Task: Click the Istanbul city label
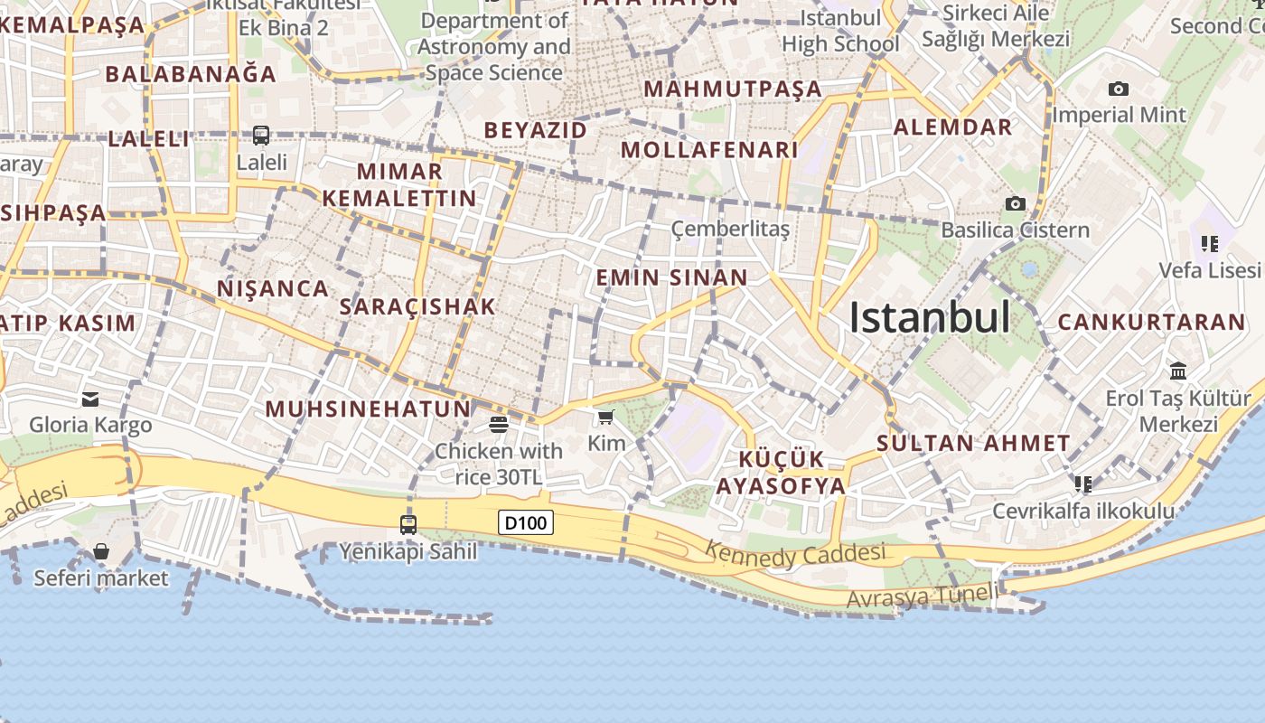pyautogui.click(x=929, y=317)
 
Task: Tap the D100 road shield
pyautogui.click(x=525, y=522)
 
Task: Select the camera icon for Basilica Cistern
pyautogui.click(x=1016, y=204)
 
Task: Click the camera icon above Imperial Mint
pyautogui.click(x=1118, y=89)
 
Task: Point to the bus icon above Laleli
pyautogui.click(x=261, y=136)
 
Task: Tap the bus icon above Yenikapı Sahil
pyautogui.click(x=408, y=524)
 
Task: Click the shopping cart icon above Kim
pyautogui.click(x=605, y=417)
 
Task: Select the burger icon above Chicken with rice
pyautogui.click(x=499, y=424)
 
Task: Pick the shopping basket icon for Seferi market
pyautogui.click(x=101, y=551)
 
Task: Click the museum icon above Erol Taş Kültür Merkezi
pyautogui.click(x=1178, y=371)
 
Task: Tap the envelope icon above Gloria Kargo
pyautogui.click(x=90, y=399)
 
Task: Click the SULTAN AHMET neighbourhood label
pyautogui.click(x=973, y=443)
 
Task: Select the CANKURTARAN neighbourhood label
pyautogui.click(x=1151, y=322)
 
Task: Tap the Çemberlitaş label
pyautogui.click(x=730, y=229)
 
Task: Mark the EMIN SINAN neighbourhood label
pyautogui.click(x=671, y=277)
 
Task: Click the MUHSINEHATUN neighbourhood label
pyautogui.click(x=368, y=408)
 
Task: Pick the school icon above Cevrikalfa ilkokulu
pyautogui.click(x=1082, y=484)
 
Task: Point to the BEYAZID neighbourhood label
pyautogui.click(x=535, y=130)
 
